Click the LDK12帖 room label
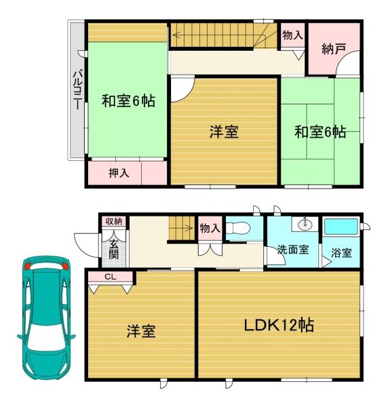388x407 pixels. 279,325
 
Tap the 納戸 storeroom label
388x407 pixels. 334,49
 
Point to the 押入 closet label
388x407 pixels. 119,173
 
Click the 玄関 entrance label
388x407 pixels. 113,250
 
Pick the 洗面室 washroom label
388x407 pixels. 293,250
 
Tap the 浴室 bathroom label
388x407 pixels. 341,252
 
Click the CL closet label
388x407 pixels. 111,277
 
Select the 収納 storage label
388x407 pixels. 114,221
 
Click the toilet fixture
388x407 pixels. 237,228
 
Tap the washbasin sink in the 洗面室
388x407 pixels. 305,224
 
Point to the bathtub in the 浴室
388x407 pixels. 341,227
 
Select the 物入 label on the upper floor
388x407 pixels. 293,35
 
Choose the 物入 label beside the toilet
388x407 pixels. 210,229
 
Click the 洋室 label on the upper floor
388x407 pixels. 224,132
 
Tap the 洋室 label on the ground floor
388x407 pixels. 141,331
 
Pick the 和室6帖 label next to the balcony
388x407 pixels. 128,100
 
